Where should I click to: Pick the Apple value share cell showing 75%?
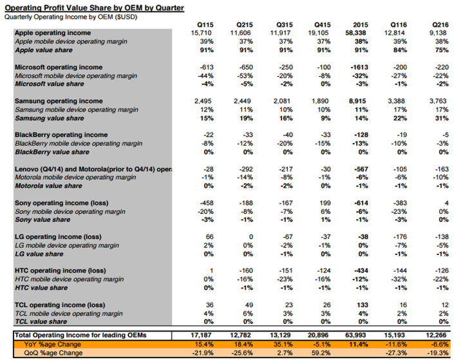pos(438,49)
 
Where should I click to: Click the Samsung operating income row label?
pos(59,100)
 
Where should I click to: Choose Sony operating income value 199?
pos(321,202)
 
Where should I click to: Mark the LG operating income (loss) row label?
pos(59,236)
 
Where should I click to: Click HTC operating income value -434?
pos(359,270)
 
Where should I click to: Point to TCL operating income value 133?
pos(361,305)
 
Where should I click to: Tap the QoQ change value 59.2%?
pos(320,354)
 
